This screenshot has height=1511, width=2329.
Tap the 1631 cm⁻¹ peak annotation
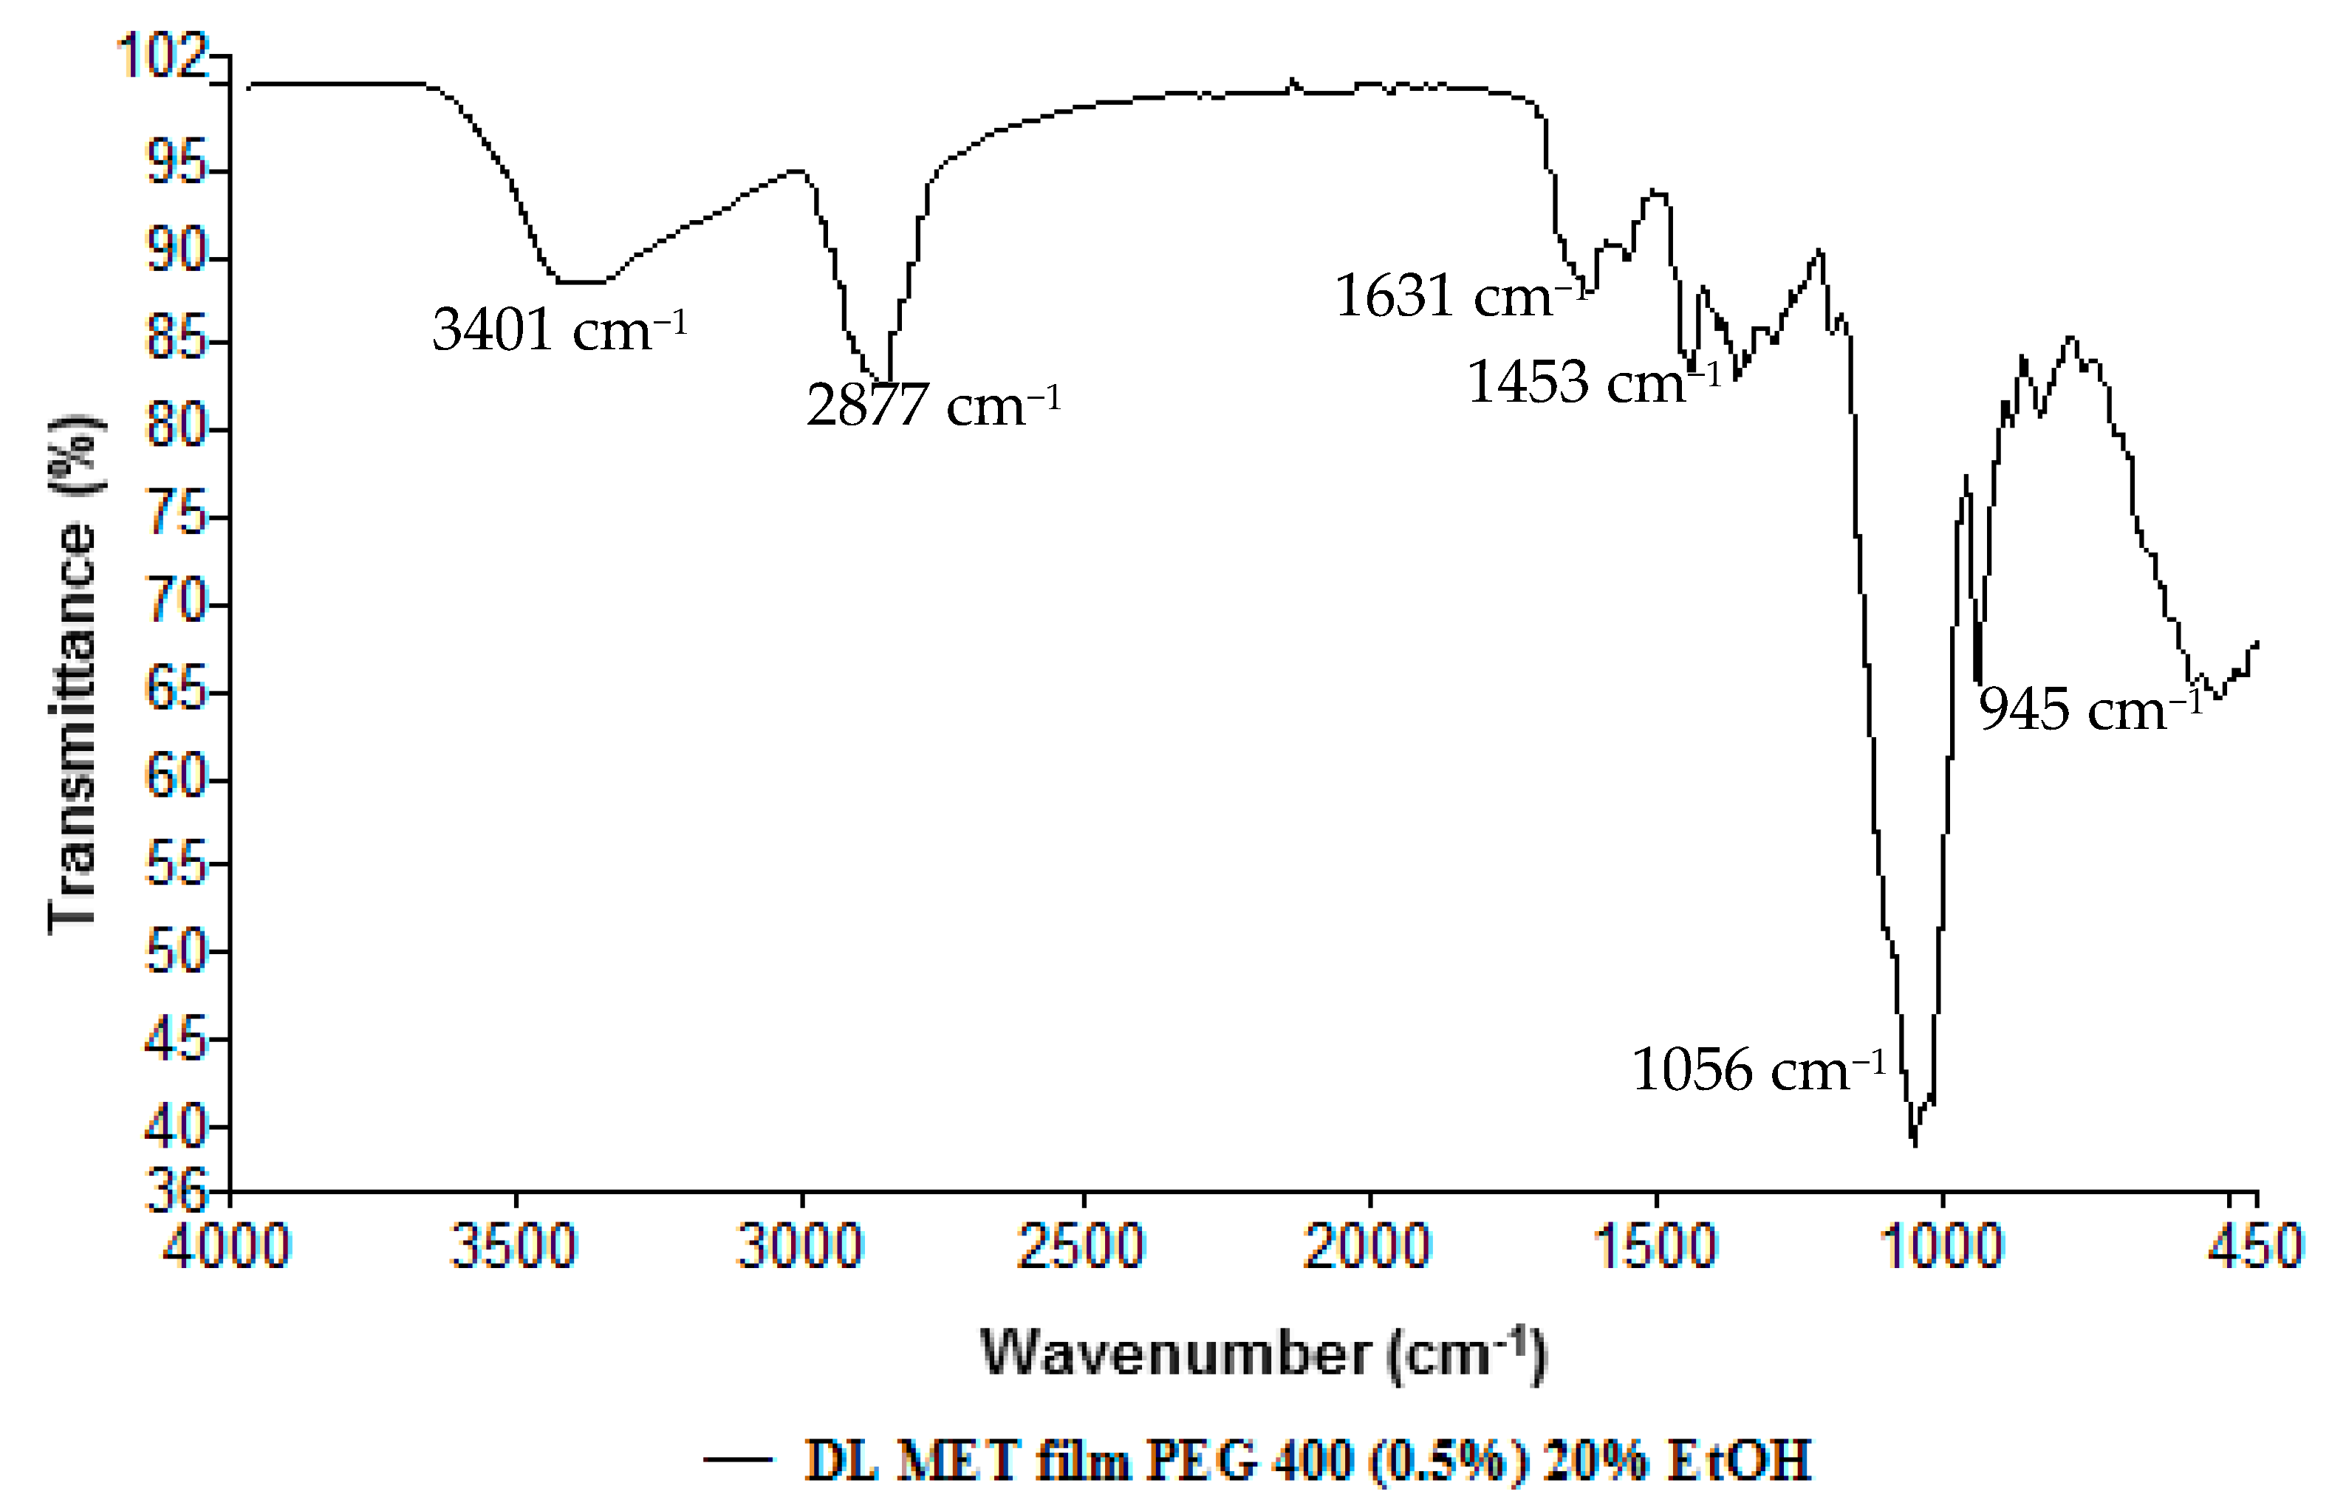(x=1458, y=295)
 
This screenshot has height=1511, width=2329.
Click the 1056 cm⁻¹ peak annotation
(x=1757, y=1069)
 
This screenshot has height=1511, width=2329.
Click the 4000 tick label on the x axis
(x=226, y=1247)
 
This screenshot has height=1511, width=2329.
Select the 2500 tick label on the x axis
(x=1081, y=1247)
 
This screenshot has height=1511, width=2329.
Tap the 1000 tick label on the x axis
(x=1940, y=1247)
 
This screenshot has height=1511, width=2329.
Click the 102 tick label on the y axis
(x=163, y=56)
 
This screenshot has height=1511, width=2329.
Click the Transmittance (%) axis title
(x=73, y=675)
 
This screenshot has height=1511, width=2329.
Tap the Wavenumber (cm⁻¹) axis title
(x=1263, y=1354)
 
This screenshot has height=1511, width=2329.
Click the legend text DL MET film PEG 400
(x=1307, y=1461)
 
